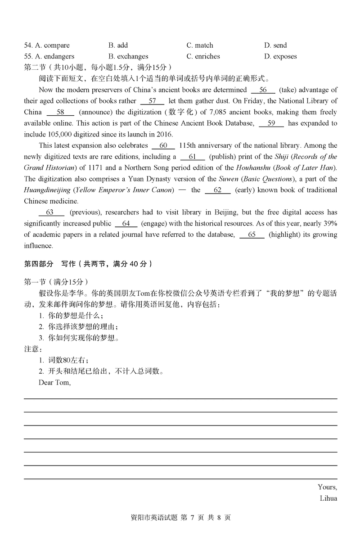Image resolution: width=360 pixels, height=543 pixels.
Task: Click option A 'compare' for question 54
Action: tap(47, 45)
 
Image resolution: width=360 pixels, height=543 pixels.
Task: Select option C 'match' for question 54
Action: tap(200, 45)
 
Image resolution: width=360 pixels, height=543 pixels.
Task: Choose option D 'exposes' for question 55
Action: tap(280, 56)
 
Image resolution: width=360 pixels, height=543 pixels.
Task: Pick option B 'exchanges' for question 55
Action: tap(128, 56)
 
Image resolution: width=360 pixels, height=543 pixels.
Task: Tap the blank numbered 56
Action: tap(263, 90)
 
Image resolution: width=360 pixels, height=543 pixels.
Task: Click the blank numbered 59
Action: tap(271, 123)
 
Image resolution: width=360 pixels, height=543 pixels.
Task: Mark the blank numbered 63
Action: tap(49, 213)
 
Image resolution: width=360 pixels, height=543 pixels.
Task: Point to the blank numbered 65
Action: tap(252, 235)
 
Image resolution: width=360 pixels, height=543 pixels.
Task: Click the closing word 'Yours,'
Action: tap(327, 487)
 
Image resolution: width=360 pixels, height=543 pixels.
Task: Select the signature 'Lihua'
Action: tap(328, 498)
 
